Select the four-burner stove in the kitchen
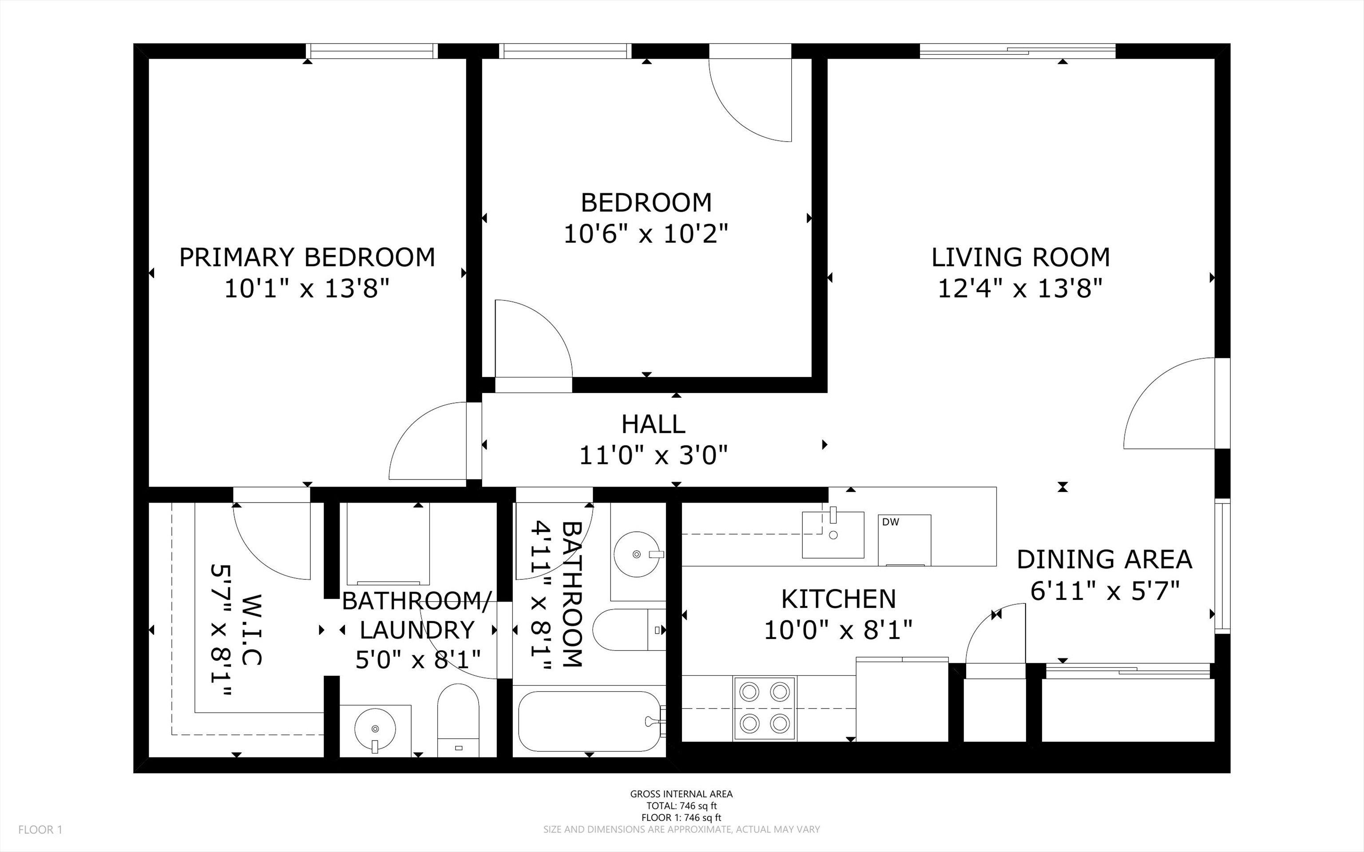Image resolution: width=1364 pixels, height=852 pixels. (764, 708)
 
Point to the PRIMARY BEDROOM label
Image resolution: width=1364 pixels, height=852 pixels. (307, 258)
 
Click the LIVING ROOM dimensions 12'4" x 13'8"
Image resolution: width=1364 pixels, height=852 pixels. (1020, 289)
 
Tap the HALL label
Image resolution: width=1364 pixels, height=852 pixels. (654, 424)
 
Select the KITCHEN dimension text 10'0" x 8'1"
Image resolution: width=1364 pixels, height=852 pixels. (838, 630)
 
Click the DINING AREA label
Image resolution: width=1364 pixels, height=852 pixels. (1104, 559)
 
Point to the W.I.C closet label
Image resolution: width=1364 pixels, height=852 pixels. (251, 630)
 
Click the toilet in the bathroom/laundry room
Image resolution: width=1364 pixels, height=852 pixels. (458, 720)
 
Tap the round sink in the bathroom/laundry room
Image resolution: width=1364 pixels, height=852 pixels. (375, 729)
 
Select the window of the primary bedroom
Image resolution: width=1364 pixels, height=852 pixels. (372, 51)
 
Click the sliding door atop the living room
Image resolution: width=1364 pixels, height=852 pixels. (1018, 51)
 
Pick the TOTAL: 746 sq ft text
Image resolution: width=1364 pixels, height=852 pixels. (681, 806)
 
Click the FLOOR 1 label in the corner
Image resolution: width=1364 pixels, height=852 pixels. (40, 829)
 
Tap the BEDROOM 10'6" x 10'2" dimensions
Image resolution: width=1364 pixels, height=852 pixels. (646, 233)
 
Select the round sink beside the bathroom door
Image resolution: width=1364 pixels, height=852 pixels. (637, 555)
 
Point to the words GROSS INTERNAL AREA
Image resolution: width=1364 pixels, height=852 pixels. (681, 794)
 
